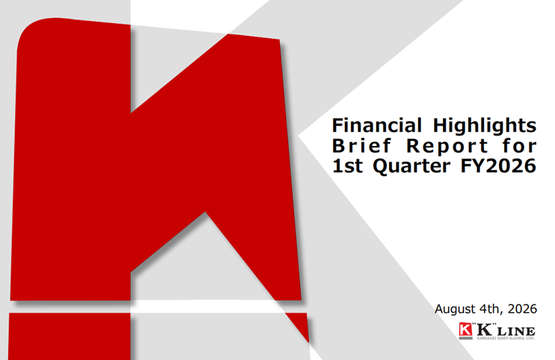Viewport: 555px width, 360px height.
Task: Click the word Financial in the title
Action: pyautogui.click(x=377, y=125)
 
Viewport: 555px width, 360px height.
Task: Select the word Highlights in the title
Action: pyautogui.click(x=485, y=126)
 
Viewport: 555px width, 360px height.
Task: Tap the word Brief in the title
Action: pyautogui.click(x=361, y=146)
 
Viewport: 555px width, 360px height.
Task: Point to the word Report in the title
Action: pyautogui.click(x=447, y=147)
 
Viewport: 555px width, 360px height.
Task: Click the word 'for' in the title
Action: pyautogui.click(x=520, y=146)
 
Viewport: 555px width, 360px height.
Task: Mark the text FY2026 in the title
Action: pyautogui.click(x=498, y=166)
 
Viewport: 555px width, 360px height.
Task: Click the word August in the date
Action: pyautogui.click(x=455, y=309)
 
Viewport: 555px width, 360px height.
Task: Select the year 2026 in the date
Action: pyautogui.click(x=522, y=309)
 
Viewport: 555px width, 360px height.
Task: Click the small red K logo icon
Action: pyautogui.click(x=465, y=329)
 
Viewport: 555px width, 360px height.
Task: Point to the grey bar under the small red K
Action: pyautogui.click(x=465, y=338)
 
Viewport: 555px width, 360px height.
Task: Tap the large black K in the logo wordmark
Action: pyautogui.click(x=485, y=329)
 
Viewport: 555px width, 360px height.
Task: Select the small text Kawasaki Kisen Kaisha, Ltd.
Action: pyautogui.click(x=506, y=338)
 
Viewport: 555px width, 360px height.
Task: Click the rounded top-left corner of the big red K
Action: pyautogui.click(x=26, y=29)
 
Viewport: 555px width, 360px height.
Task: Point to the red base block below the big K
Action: pyautogui.click(x=70, y=336)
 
